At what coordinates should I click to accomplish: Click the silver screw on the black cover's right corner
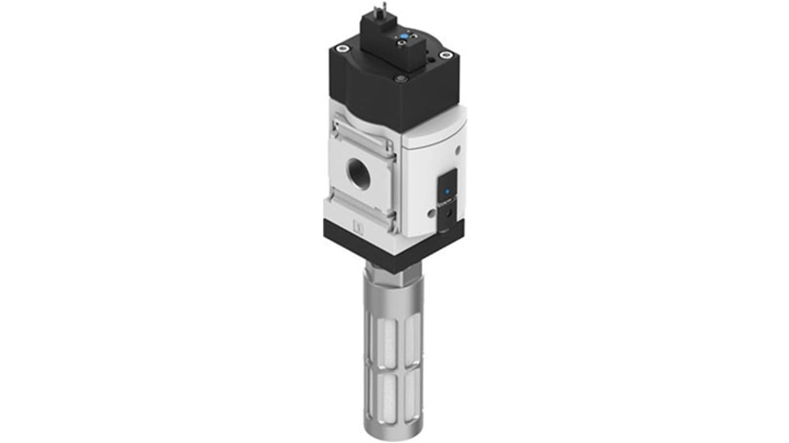pyautogui.click(x=445, y=54)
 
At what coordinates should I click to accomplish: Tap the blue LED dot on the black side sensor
pyautogui.click(x=448, y=190)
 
